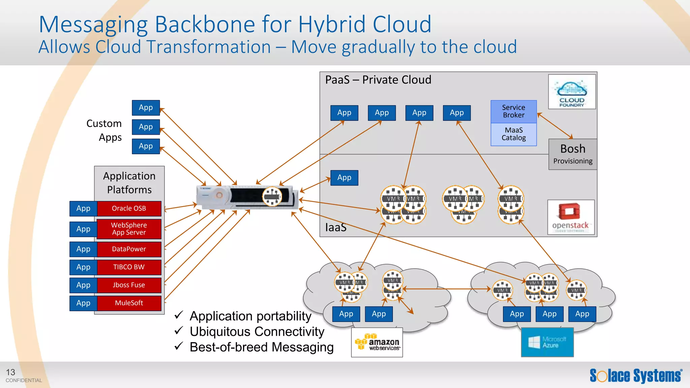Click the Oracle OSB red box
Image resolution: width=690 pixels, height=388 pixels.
click(x=129, y=208)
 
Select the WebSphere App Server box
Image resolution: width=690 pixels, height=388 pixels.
click(x=129, y=229)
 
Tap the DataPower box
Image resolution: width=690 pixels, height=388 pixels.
click(x=129, y=249)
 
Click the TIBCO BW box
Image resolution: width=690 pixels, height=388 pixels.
click(x=129, y=267)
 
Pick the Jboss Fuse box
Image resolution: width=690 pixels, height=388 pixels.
click(x=129, y=285)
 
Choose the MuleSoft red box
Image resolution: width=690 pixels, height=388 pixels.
click(x=129, y=303)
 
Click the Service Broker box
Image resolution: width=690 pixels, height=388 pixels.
click(x=513, y=111)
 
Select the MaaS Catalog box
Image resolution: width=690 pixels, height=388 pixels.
click(x=513, y=134)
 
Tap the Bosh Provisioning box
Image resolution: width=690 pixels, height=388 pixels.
click(x=572, y=154)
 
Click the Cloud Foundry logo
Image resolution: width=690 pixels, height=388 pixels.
click(x=572, y=92)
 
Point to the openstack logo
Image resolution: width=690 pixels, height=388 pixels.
click(x=571, y=217)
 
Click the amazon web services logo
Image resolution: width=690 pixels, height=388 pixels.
click(x=377, y=343)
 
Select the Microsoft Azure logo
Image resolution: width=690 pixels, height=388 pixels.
click(x=547, y=343)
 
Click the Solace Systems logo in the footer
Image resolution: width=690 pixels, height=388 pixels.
click(x=636, y=376)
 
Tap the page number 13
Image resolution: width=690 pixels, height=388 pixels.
click(x=10, y=372)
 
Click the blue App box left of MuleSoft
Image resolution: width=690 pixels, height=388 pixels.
click(x=83, y=303)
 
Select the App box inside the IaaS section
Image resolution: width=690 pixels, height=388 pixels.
click(x=344, y=177)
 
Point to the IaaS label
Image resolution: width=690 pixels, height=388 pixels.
click(x=336, y=227)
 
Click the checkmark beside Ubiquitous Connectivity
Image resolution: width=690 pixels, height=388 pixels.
click(x=179, y=331)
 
